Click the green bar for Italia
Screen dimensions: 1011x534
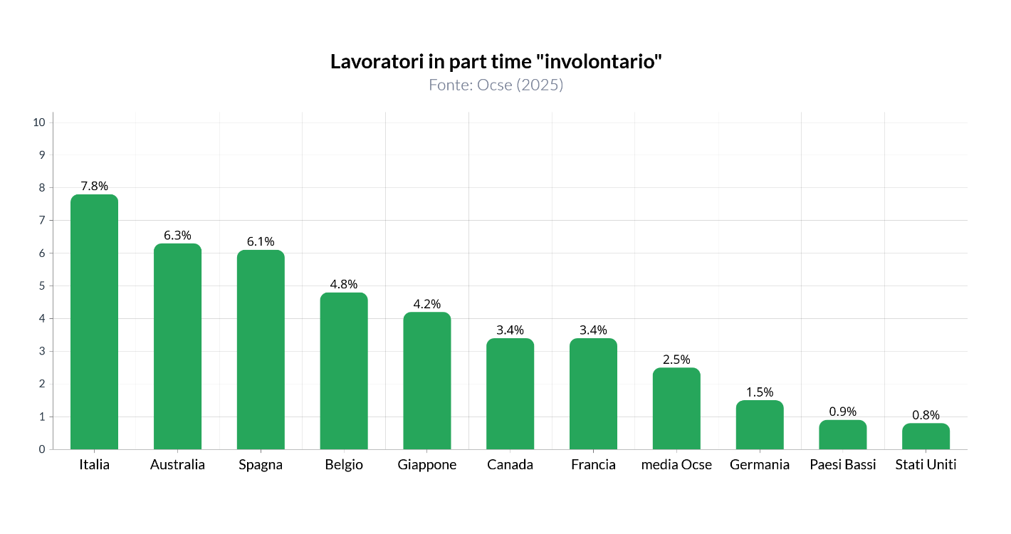94,322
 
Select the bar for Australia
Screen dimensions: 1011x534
177,346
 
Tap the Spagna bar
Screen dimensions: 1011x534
261,350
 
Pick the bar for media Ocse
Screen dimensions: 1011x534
676,409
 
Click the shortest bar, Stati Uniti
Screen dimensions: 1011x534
926,436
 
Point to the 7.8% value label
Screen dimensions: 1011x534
94,186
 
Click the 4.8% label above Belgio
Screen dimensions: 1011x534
344,284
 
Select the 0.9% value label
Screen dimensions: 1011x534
843,412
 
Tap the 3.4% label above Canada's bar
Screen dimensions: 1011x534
510,330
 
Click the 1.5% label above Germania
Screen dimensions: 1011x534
760,392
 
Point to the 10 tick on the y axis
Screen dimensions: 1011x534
39,122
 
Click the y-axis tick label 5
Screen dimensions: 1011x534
42,286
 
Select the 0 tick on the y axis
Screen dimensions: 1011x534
42,449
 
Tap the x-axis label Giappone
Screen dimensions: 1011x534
427,464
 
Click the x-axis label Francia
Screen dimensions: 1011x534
593,464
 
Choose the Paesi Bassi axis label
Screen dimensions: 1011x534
843,464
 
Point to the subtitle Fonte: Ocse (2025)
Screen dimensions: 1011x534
496,85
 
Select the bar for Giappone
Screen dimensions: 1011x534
427,381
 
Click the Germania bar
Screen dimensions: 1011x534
760,425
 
